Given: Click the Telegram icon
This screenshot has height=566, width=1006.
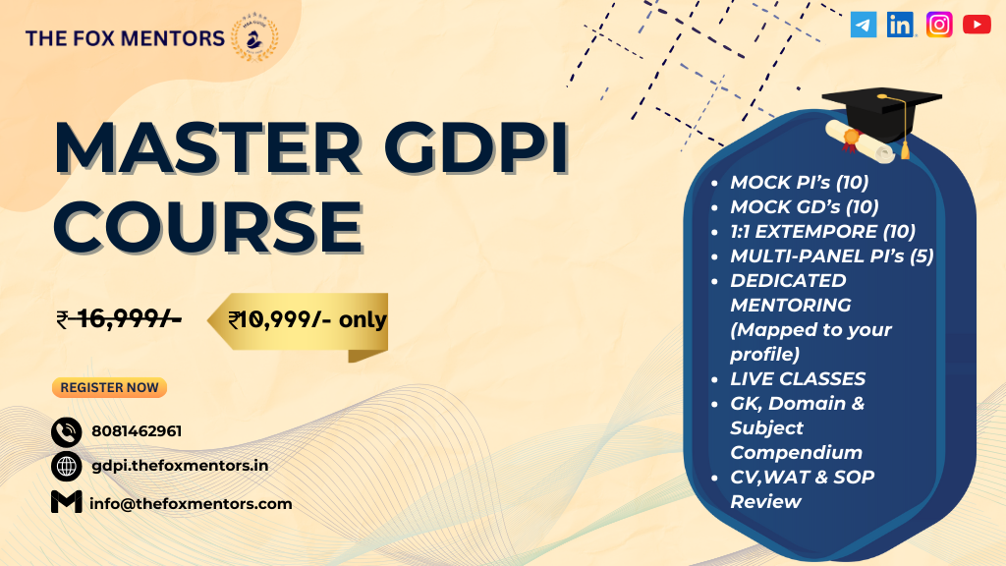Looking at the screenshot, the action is pos(864,25).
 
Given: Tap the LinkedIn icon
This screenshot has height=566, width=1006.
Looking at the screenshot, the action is pos(901,25).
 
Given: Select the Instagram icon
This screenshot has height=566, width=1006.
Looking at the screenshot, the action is pos(939,25).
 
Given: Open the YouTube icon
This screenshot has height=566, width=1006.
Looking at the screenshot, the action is pos(977,25).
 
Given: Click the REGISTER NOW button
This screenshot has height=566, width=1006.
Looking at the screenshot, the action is pos(110,387).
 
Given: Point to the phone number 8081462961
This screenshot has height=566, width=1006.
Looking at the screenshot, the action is pos(137,431).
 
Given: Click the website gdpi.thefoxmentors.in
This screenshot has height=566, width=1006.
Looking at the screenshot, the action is pos(181,466).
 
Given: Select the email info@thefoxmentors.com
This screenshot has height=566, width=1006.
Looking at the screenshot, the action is pos(191,504).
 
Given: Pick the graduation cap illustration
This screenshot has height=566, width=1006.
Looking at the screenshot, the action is pos(882,122).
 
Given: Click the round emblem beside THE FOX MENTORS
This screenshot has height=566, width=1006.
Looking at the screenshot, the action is pos(254,38).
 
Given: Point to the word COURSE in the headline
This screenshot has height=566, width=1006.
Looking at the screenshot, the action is pos(208,228).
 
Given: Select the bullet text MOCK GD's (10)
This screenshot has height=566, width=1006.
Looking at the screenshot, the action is pos(805,206).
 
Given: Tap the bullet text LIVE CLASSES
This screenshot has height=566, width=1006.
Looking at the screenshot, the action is pos(798,378).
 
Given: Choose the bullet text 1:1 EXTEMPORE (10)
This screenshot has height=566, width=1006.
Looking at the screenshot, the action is pos(823,231).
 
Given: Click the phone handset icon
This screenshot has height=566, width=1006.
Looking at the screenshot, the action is pos(66,432).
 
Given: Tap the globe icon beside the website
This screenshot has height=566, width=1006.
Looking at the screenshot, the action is pos(66,467).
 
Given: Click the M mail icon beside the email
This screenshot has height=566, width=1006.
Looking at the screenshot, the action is pos(66,502).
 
